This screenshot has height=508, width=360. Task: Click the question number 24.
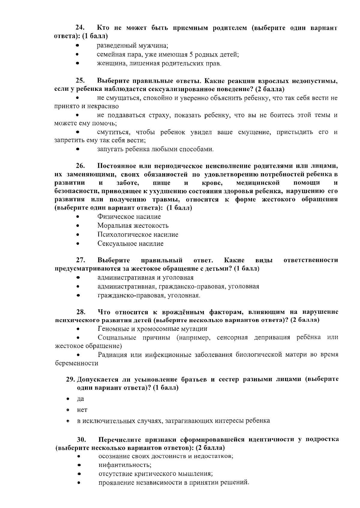point(79,28)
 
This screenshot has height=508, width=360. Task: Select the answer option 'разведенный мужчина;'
point(132,46)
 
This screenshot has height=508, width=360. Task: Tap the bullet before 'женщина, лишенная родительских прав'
point(77,64)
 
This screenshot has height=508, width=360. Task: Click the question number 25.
point(80,81)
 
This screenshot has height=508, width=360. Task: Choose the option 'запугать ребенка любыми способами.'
point(155,149)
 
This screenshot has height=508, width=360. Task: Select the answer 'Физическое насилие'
point(129,217)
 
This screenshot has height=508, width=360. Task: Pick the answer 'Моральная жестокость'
point(133,226)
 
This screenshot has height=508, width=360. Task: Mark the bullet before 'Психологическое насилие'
point(78,235)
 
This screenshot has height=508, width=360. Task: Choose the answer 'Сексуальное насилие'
point(130,244)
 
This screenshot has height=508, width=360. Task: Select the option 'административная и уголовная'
point(145,278)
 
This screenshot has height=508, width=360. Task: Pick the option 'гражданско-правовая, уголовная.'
point(149,296)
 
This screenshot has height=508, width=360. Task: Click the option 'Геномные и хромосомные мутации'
point(152,329)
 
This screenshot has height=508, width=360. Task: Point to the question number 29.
point(70,379)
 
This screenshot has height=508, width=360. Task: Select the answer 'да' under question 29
point(80,399)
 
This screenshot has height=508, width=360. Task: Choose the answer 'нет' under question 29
point(82,410)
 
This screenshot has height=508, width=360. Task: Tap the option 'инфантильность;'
point(125,465)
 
